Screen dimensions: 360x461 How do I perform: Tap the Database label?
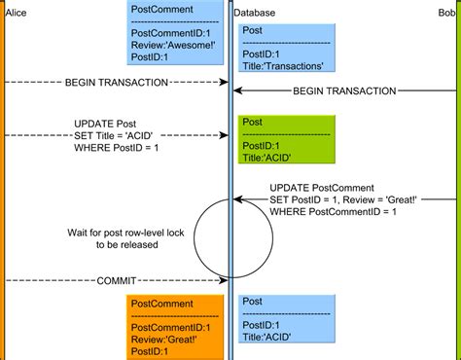[255, 13]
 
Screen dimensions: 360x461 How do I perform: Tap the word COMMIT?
[116, 280]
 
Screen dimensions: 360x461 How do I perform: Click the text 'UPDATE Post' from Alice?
[103, 124]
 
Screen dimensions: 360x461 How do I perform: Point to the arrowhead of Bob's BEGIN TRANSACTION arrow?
[237, 90]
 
